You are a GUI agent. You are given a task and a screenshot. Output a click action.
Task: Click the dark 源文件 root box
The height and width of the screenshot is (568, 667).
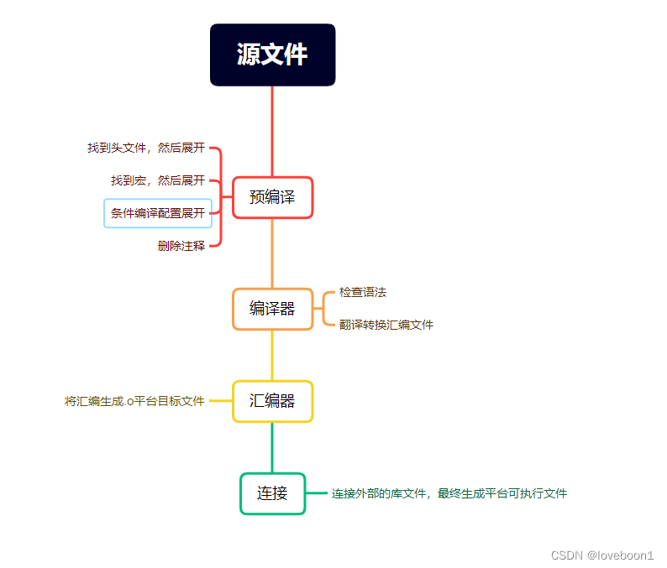tap(272, 55)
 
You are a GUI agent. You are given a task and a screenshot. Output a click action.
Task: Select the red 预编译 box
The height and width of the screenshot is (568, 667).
tap(272, 197)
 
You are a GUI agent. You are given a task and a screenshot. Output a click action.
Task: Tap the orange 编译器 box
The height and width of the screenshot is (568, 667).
tap(272, 309)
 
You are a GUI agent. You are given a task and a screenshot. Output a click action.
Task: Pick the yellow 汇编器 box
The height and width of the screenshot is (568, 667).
tap(272, 401)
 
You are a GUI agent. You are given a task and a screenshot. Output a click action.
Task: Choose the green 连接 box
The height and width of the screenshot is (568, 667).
tap(272, 493)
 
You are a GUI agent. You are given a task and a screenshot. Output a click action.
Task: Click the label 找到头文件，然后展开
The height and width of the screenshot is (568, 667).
tap(146, 148)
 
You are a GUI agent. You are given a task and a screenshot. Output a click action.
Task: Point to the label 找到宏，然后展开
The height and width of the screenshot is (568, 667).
tap(158, 180)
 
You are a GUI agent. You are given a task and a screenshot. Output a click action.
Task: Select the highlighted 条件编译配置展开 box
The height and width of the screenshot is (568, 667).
tap(158, 213)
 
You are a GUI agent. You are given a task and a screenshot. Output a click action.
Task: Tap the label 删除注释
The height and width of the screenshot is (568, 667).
tap(181, 246)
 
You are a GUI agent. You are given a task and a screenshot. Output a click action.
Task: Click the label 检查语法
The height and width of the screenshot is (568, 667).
tap(363, 292)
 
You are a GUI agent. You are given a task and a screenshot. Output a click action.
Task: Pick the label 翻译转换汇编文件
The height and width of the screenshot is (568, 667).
tap(386, 325)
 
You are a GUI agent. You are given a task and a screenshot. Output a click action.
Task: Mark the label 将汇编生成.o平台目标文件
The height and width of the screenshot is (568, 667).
tap(134, 401)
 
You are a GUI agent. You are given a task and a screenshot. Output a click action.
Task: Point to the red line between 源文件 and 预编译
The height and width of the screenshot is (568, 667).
tap(272, 130)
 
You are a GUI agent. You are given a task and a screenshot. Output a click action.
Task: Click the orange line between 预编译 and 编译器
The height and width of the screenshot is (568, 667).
tap(272, 253)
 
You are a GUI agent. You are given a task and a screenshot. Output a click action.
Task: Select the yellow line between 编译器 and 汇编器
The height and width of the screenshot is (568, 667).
tap(272, 355)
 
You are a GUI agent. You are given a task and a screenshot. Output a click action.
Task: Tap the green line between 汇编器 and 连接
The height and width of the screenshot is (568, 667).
tap(272, 447)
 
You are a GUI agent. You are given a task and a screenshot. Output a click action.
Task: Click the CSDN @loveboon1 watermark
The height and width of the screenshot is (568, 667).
tap(602, 555)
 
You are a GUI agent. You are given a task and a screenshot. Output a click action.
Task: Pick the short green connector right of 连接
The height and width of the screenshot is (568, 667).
tap(317, 493)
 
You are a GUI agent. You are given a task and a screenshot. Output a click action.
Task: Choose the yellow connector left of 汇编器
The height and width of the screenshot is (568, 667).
tap(220, 401)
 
